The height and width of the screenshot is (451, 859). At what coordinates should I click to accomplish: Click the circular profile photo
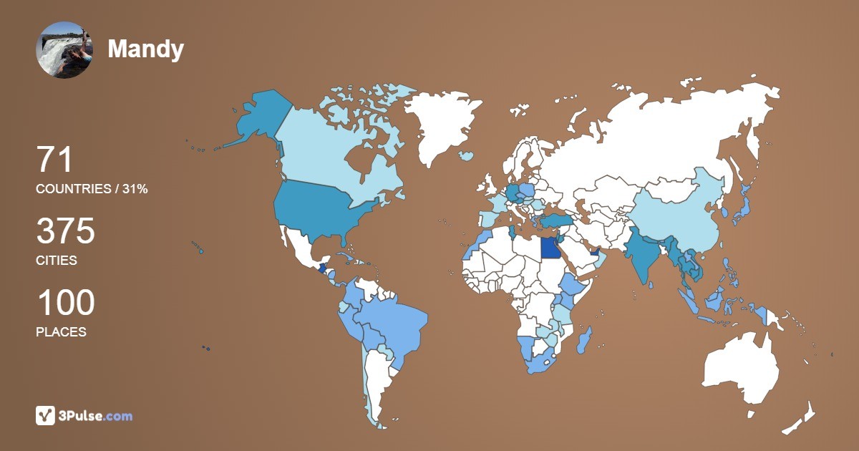(64, 49)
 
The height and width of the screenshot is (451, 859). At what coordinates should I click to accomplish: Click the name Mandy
(145, 49)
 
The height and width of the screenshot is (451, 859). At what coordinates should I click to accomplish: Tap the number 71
(54, 160)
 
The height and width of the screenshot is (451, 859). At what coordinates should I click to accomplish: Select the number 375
(65, 231)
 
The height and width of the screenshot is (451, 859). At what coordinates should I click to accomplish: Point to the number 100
(65, 303)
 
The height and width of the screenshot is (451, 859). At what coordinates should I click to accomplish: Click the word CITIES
(57, 261)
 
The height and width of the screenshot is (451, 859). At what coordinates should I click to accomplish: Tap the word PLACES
(61, 332)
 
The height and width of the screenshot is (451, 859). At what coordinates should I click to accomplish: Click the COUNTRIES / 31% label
(92, 189)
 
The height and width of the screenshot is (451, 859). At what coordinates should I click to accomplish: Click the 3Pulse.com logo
(84, 415)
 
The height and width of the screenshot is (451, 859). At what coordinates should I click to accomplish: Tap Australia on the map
(741, 369)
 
